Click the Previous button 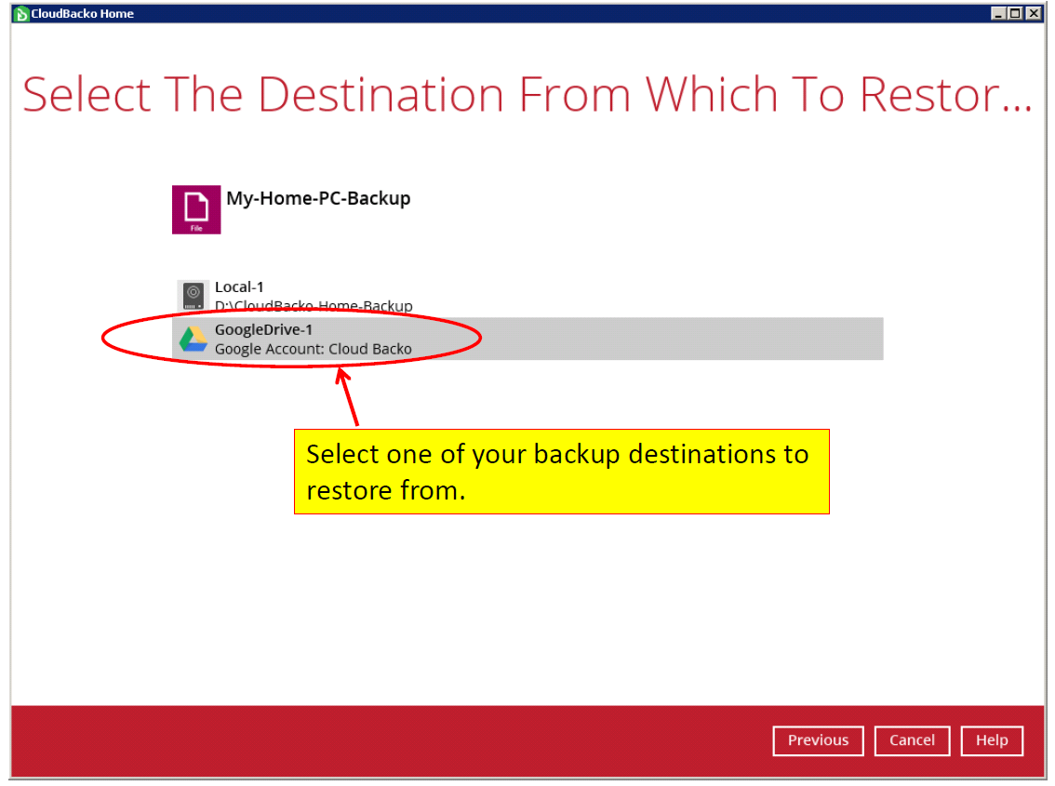tap(818, 740)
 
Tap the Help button tap(992, 740)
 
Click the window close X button tap(1034, 13)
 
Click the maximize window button tap(1015, 13)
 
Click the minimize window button tap(998, 13)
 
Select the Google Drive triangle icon tap(194, 339)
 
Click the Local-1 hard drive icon tap(194, 296)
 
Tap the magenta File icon tap(196, 209)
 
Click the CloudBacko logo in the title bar tap(20, 13)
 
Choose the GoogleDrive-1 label tap(264, 329)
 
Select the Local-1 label tap(239, 286)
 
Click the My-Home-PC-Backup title tap(318, 198)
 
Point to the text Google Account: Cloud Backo tap(313, 349)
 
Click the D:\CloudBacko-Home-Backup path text tap(314, 305)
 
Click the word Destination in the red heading tap(381, 94)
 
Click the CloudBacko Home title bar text tap(82, 13)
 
